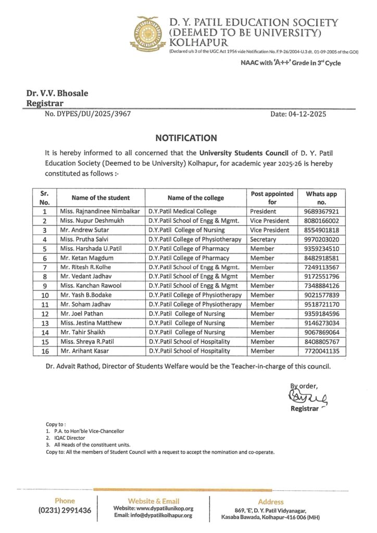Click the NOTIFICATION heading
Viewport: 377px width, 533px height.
(186, 138)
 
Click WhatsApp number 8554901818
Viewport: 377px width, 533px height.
(322, 230)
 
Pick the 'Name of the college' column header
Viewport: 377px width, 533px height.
(195, 198)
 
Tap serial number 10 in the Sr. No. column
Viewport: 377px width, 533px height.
(44, 295)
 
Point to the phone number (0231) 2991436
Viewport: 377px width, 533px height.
(65, 511)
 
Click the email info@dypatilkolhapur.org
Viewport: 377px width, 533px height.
(153, 515)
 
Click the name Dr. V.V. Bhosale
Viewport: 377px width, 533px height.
(57, 94)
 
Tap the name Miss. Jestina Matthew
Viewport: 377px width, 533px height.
(90, 323)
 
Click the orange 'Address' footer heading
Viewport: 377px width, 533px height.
(271, 502)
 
